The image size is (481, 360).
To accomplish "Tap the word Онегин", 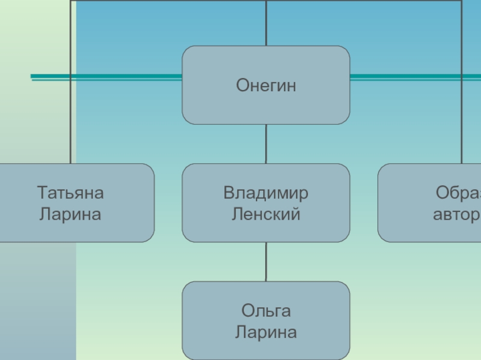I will click(266, 86).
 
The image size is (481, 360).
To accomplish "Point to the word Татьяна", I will click(70, 193).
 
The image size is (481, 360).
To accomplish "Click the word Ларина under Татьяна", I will click(70, 214).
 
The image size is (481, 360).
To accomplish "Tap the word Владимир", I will click(266, 193).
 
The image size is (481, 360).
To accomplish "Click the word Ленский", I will click(266, 214).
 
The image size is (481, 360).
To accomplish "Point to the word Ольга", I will click(266, 311).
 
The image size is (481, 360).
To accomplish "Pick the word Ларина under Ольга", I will click(266, 332).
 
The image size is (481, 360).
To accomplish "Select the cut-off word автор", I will click(456, 214).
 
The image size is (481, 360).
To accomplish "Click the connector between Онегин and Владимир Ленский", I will click(266, 144).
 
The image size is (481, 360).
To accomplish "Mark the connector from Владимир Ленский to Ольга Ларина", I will click(266, 262).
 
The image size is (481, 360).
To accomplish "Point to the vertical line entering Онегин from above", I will click(266, 24).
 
